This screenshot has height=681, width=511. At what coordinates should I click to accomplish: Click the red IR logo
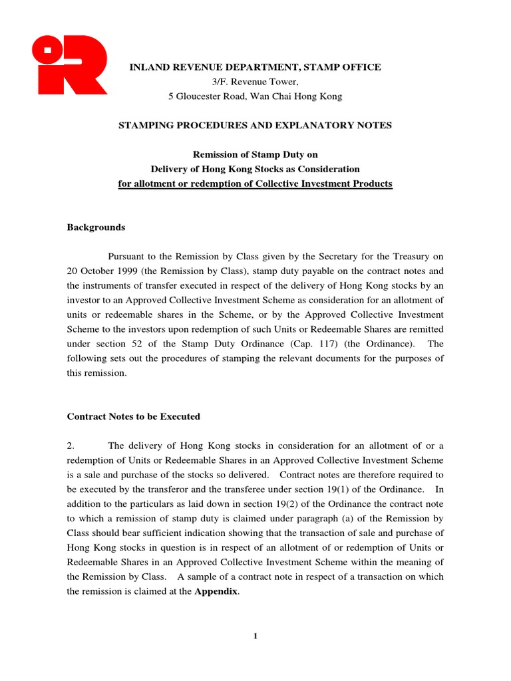[x=69, y=65]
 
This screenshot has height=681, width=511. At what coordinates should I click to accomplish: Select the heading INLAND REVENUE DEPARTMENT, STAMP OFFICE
[x=255, y=67]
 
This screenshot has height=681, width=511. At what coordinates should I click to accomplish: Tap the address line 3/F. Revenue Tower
[x=255, y=82]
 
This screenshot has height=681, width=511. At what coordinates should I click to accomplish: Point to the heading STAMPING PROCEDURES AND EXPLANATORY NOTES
[x=255, y=126]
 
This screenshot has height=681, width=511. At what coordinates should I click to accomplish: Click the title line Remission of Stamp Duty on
[x=255, y=155]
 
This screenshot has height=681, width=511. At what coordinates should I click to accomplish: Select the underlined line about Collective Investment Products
[x=255, y=184]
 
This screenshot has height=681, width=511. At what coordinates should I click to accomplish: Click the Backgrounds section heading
[x=96, y=227]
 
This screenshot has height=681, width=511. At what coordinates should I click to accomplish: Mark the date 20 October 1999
[x=103, y=271]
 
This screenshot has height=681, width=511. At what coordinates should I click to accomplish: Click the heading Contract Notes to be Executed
[x=133, y=417]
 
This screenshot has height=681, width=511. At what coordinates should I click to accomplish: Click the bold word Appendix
[x=216, y=591]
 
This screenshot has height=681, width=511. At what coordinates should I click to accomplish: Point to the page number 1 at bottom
[x=255, y=636]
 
